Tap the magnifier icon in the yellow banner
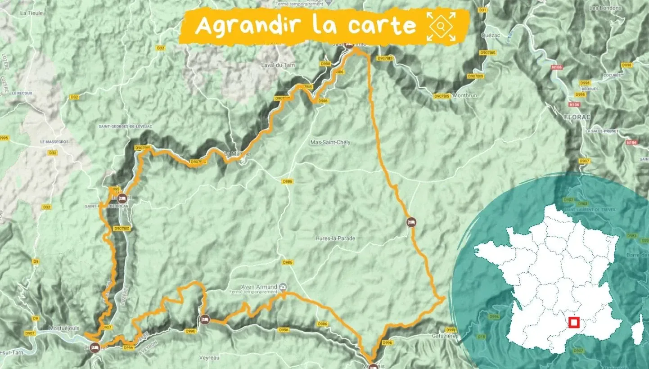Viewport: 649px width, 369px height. pos(441,27)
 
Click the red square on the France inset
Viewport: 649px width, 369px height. pos(573,323)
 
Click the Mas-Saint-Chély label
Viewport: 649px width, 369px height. pos(330,142)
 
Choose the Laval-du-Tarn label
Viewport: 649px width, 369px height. pos(277,65)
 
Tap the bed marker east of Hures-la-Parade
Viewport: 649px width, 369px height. pos(410,222)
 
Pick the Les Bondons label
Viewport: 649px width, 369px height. pos(605,8)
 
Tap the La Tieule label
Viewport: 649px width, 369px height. pos(32,13)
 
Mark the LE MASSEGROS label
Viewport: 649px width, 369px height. pos(54,142)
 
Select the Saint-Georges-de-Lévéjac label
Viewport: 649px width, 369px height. pos(126,127)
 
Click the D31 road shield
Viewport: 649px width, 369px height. pos(483,10)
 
